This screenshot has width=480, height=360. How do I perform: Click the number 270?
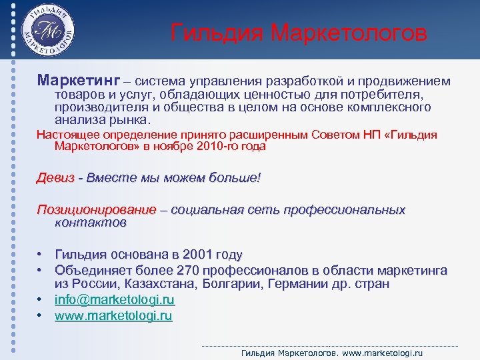coord(190,271)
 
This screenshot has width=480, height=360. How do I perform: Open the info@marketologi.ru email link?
coord(114,300)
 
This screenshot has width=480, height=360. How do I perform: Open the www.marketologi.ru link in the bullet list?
coord(113,316)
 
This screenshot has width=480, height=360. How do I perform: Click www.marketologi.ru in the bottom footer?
coord(383,353)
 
